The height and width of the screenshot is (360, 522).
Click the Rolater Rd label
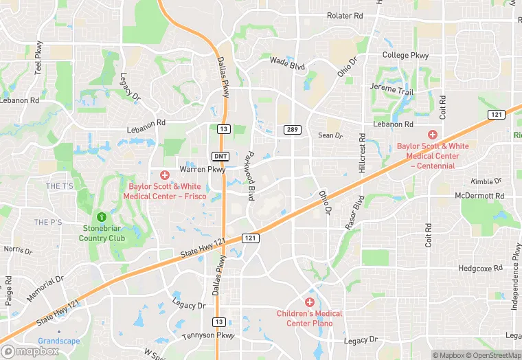[345, 15]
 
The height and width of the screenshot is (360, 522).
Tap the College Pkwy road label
[405, 56]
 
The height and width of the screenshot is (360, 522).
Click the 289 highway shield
[292, 129]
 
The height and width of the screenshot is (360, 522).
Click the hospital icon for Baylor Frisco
[165, 175]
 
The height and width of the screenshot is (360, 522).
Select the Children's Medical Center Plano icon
[310, 302]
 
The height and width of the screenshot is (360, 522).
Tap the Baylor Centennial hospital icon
[433, 135]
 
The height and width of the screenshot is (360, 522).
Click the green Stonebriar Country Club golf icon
[102, 217]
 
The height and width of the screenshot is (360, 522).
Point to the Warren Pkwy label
[202, 169]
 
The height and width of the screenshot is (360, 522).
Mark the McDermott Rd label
[479, 196]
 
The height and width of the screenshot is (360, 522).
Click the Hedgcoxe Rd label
[481, 269]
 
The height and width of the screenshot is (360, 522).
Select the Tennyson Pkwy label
[208, 335]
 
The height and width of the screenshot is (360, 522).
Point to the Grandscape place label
[58, 341]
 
